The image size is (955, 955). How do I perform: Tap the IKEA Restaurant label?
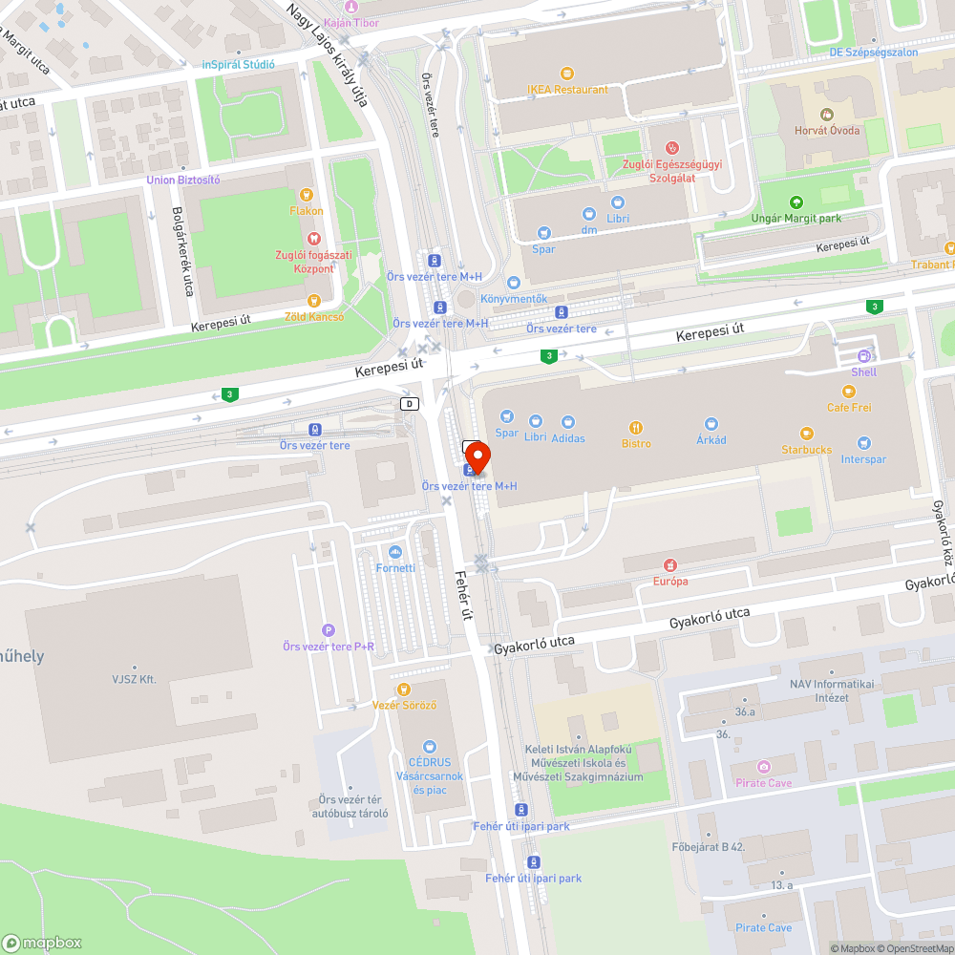tap(567, 90)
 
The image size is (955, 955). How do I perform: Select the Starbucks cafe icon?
tap(807, 434)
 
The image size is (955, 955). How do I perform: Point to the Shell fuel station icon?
tap(863, 356)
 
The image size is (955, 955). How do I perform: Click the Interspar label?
tap(863, 459)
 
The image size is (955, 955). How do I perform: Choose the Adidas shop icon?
tap(568, 422)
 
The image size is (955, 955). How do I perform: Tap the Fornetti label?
tap(395, 568)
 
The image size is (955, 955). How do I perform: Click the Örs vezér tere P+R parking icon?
tap(329, 630)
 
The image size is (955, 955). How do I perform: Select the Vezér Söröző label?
tap(404, 705)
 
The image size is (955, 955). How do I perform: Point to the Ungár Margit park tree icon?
tap(796, 202)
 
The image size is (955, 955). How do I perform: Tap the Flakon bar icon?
tap(306, 195)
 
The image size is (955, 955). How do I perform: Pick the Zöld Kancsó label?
tap(313, 316)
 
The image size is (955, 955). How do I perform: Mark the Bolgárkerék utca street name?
tap(178, 250)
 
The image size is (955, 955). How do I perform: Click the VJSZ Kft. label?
tap(134, 680)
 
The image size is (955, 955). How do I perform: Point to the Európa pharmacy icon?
tap(670, 565)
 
